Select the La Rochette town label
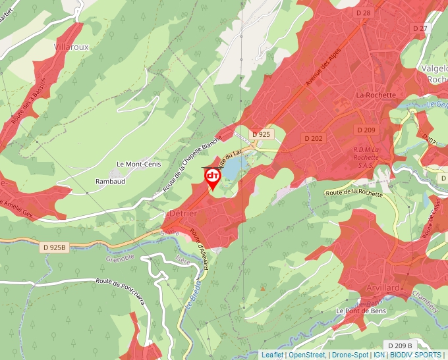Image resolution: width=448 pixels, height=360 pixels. [376, 95]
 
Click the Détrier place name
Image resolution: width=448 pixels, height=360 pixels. [180, 215]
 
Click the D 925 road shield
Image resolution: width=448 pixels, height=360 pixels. [261, 134]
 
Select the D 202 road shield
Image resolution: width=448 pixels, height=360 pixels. [313, 138]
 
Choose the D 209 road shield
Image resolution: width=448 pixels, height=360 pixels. [366, 130]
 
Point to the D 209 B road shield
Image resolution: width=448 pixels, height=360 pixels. [400, 346]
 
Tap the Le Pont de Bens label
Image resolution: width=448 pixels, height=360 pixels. [359, 311]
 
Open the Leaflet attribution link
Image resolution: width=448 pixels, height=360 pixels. [272, 355]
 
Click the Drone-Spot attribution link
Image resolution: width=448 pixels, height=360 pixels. [349, 355]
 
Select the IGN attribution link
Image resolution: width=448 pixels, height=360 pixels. [379, 355]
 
